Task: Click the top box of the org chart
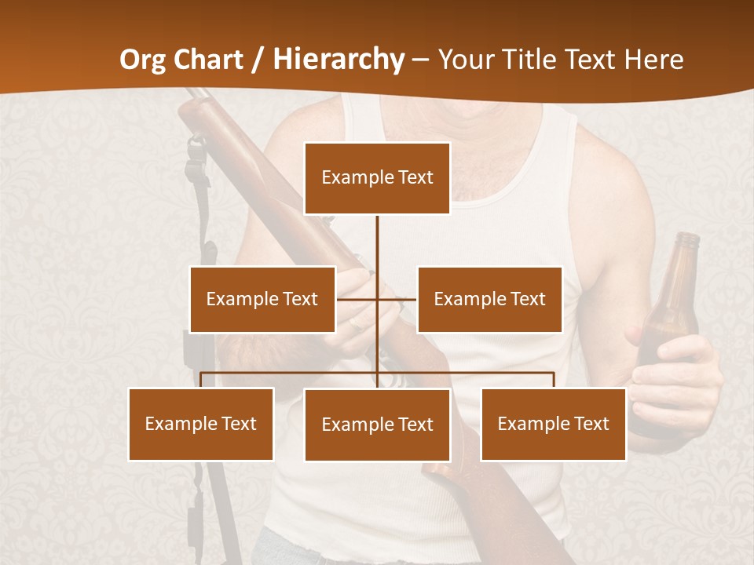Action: [x=377, y=178]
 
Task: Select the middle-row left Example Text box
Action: [x=262, y=299]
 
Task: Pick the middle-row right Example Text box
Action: [x=489, y=299]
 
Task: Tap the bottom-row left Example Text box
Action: [x=201, y=424]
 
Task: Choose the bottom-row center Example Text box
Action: [x=377, y=425]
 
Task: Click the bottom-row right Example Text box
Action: [x=553, y=424]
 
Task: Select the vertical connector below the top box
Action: [x=377, y=251]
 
